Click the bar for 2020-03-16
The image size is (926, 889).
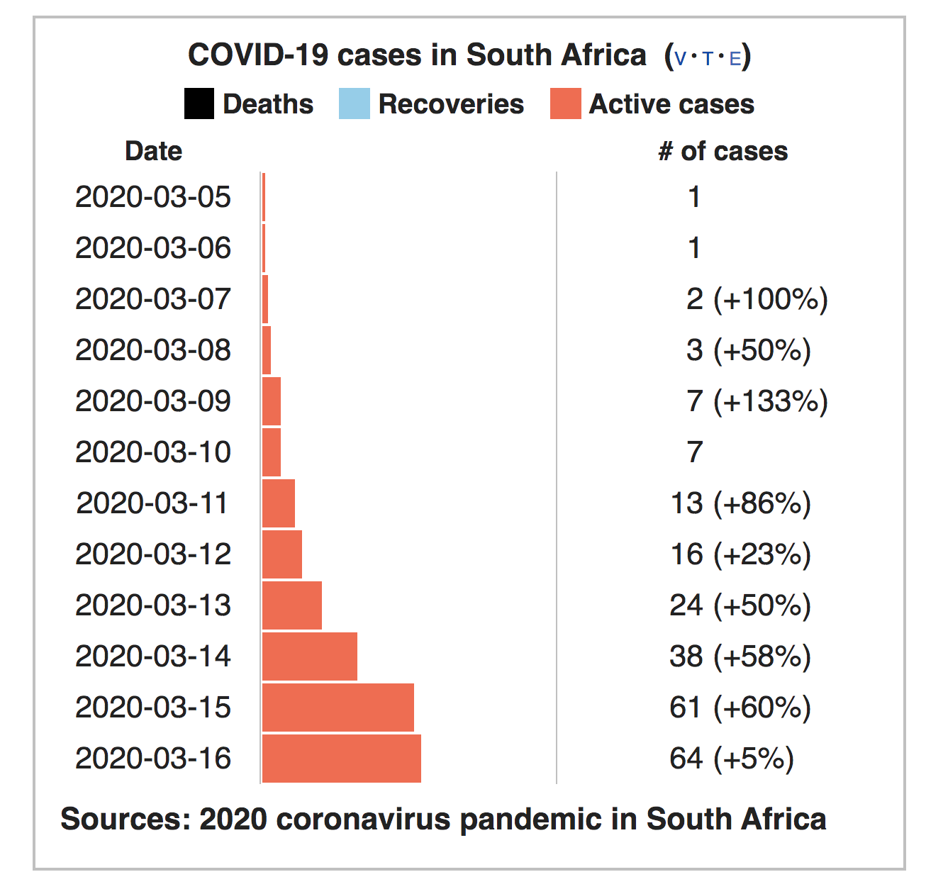[x=341, y=759]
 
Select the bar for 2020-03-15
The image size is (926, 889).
[x=338, y=708]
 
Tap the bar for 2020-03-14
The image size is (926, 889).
[x=309, y=656]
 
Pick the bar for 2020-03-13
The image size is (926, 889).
[x=291, y=605]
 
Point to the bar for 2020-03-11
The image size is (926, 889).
[x=278, y=503]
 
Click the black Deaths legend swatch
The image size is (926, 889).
[x=199, y=104]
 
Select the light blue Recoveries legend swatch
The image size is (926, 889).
[x=354, y=104]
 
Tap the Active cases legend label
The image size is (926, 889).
[x=671, y=104]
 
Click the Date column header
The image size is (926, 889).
[x=153, y=151]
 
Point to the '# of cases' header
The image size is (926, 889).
[x=723, y=151]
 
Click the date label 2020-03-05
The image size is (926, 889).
[x=153, y=197]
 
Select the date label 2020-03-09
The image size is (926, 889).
[x=153, y=401]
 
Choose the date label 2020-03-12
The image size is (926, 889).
[x=153, y=554]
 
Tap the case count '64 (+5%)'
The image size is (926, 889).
[x=731, y=759]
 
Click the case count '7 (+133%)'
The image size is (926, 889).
[x=757, y=401]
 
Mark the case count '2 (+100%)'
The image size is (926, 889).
[x=757, y=299]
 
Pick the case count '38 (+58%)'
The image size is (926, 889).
[x=740, y=656]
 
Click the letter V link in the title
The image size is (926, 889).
[x=680, y=58]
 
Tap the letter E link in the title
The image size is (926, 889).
[x=735, y=58]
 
